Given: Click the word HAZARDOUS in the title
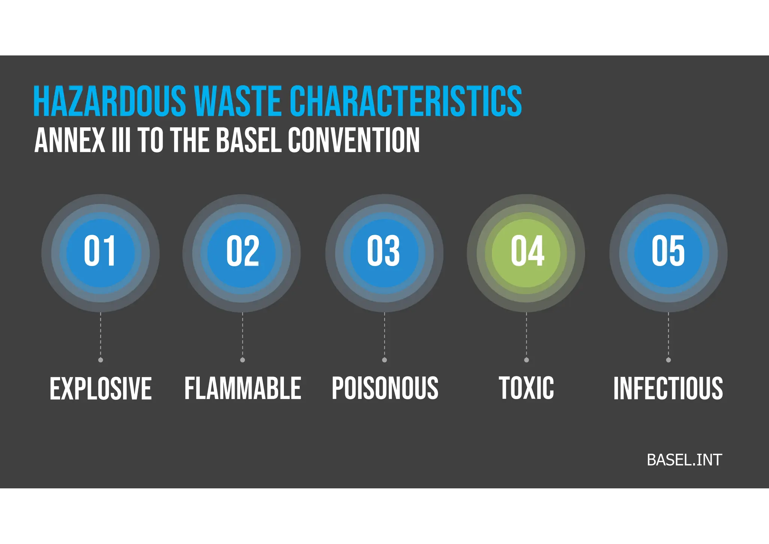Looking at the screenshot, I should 109,101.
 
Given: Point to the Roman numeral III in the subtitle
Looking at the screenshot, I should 121,140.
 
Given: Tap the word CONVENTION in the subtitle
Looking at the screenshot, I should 353,140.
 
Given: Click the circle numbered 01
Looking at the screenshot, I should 100,253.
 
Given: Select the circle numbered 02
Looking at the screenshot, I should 242,253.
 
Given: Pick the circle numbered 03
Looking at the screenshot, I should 384,253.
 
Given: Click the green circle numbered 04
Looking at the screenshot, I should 526,253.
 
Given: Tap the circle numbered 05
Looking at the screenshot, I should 668,253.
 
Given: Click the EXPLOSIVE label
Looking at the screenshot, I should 101,388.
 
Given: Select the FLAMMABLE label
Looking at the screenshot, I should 243,388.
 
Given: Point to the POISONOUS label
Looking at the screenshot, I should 385,388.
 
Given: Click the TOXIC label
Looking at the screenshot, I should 526,388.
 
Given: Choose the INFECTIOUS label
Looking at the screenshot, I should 668,388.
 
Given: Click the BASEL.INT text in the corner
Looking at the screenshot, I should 684,460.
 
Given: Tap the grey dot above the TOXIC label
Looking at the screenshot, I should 526,360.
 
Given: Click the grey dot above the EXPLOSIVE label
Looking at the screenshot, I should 101,360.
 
